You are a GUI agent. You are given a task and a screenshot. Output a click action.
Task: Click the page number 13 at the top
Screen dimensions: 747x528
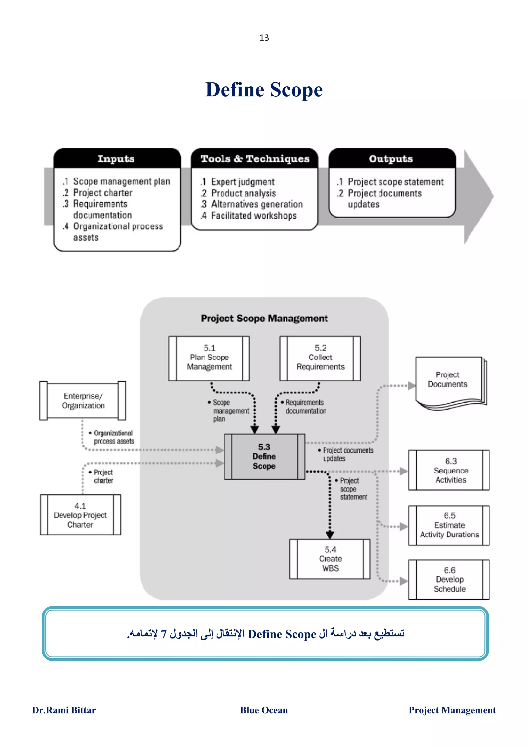click(x=264, y=38)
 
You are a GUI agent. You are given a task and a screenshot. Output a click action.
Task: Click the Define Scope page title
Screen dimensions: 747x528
click(x=264, y=90)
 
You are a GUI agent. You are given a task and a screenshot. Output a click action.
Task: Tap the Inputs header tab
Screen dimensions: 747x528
click(x=116, y=159)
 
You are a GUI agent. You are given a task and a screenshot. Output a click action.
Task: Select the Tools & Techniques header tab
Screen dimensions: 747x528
click(x=255, y=159)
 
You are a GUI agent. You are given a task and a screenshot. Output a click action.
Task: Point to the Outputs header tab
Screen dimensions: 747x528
click(x=391, y=159)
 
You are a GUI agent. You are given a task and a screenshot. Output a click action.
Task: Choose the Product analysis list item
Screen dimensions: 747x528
click(x=243, y=193)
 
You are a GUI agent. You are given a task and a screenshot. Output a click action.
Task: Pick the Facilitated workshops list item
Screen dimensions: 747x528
click(x=254, y=216)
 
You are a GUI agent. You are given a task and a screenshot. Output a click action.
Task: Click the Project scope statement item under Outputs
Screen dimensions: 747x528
click(x=395, y=182)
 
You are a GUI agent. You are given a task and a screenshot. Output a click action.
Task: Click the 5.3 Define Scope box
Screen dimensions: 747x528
click(x=264, y=456)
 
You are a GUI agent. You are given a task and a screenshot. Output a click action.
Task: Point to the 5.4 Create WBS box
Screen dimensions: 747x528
click(x=330, y=559)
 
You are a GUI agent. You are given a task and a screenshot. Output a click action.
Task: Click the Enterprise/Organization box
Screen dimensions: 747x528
click(x=83, y=401)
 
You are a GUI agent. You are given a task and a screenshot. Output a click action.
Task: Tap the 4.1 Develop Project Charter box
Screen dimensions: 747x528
click(x=80, y=515)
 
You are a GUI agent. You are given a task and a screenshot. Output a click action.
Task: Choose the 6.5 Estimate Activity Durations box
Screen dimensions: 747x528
click(x=449, y=525)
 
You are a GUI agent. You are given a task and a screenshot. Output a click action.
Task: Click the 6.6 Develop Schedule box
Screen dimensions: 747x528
click(x=449, y=580)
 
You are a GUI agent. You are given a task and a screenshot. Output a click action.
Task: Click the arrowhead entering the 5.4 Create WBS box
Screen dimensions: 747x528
click(x=330, y=535)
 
